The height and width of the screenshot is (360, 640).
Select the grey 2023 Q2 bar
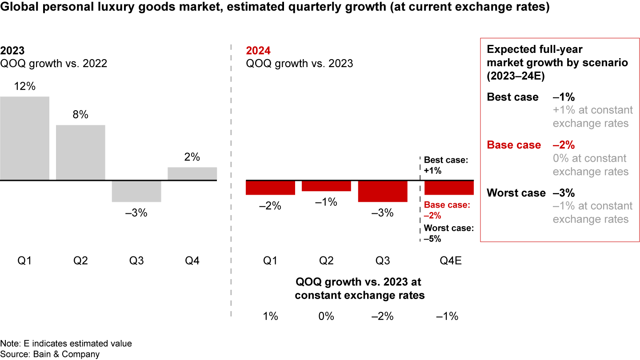80,152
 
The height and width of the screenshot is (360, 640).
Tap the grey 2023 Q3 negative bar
136,191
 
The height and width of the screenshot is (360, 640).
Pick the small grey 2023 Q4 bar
192,174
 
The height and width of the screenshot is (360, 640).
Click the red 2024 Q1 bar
271,188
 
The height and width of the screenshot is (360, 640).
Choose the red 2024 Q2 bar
326,186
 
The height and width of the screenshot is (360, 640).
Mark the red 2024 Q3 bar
383,191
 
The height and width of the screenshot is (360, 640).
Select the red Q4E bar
449,188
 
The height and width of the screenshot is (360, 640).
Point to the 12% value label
24,86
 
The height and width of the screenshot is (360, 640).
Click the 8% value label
80,115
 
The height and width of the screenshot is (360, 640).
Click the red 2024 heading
258,51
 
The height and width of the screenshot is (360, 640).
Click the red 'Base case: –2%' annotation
447,210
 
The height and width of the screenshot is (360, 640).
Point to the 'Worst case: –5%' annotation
449,233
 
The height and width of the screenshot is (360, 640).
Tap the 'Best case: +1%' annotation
446,165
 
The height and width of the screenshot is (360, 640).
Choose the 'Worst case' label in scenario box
516,193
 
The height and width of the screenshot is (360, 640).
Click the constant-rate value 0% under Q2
326,316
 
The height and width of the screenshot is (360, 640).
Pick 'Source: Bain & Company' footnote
50,354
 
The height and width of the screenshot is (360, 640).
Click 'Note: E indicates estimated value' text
66,344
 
